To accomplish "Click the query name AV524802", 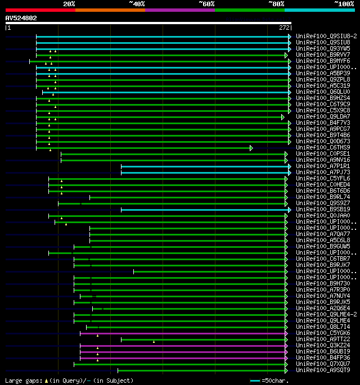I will (21, 18).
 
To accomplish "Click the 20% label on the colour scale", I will (69, 4).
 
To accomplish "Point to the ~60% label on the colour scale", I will (206, 4).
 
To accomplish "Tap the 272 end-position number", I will (284, 28).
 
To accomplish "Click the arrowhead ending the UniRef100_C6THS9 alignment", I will (251, 148).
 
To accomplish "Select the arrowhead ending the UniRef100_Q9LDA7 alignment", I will (283, 117).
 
